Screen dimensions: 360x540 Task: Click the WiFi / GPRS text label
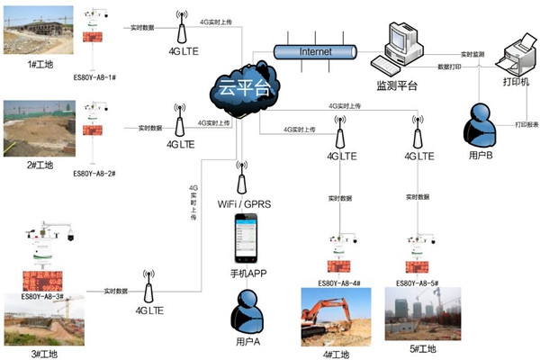pos(244,204)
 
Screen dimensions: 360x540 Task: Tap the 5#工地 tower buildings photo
pos(422,314)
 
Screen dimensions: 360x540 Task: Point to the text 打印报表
pos(527,124)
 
